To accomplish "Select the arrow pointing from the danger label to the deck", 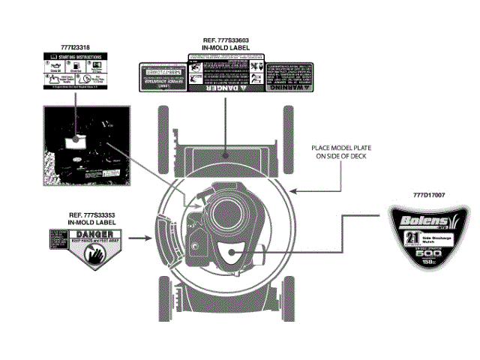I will pyautogui.click(x=140, y=240).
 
